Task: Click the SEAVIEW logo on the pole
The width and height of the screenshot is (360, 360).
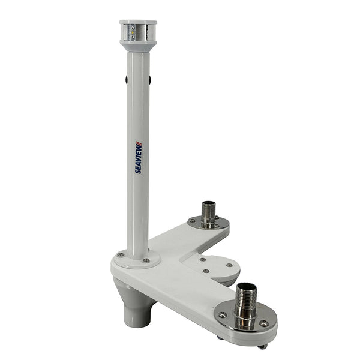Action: [x=138, y=157]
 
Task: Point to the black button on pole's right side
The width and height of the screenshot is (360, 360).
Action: [x=149, y=80]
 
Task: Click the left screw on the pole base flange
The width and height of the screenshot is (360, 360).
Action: [x=121, y=255]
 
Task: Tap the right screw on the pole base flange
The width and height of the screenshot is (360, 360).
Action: [x=146, y=260]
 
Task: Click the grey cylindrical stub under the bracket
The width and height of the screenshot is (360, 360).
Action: [x=136, y=312]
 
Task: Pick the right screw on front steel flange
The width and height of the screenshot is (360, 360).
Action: [x=265, y=323]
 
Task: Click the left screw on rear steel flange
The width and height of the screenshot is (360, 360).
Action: [x=192, y=220]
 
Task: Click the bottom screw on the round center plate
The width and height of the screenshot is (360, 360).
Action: [x=206, y=271]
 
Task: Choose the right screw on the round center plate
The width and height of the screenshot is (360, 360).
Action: [x=229, y=265]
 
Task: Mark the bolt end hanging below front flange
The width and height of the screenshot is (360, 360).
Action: [x=262, y=346]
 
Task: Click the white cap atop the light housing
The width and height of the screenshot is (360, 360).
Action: [x=138, y=22]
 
